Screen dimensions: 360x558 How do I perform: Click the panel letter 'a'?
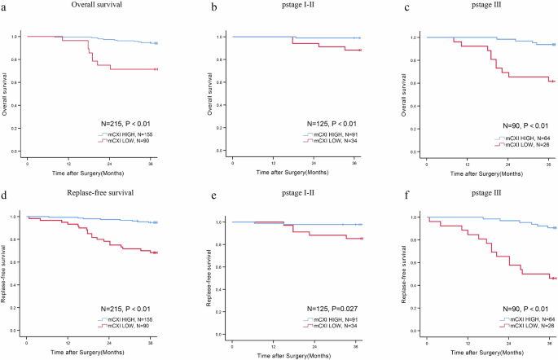pyautogui.click(x=3, y=7)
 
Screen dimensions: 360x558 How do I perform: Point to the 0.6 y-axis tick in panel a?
pyautogui.click(x=15, y=82)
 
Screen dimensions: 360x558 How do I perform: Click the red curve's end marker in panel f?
pyautogui.click(x=553, y=279)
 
